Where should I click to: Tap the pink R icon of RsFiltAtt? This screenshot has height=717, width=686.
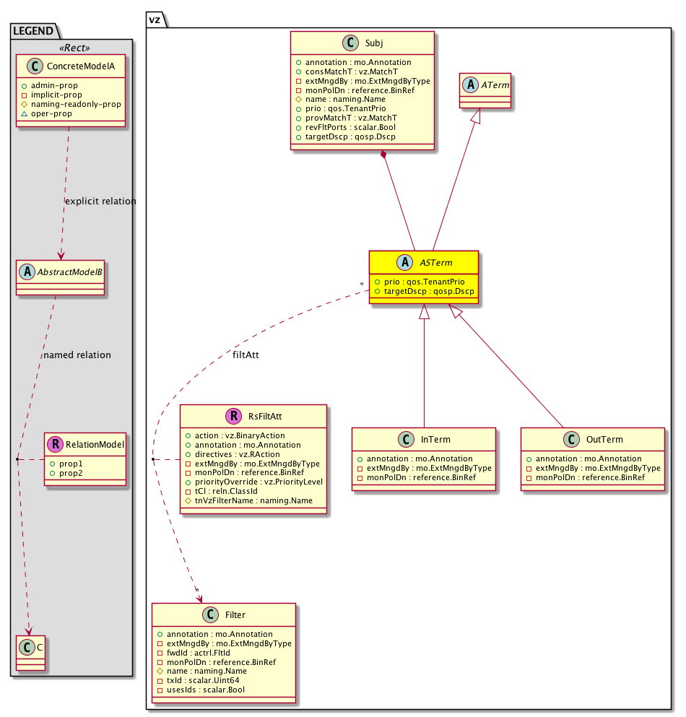pyautogui.click(x=233, y=415)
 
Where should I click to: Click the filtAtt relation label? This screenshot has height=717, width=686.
pyautogui.click(x=246, y=355)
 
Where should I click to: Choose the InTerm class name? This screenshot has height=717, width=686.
pyautogui.click(x=436, y=440)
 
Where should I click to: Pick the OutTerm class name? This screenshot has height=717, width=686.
pyautogui.click(x=604, y=440)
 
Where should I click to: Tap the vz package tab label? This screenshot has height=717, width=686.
pyautogui.click(x=155, y=19)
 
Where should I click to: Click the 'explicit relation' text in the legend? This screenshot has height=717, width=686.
pyautogui.click(x=100, y=201)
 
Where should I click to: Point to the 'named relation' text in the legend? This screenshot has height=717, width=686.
pyautogui.click(x=77, y=355)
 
